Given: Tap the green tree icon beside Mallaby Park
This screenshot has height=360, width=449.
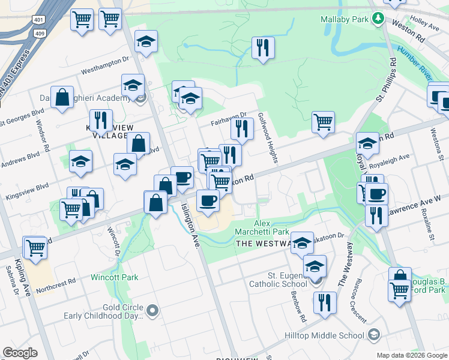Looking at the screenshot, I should tap(378, 19).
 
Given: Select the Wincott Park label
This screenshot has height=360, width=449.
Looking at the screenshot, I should tap(115, 277).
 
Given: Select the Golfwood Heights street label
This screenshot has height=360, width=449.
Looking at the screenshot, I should tap(268, 137).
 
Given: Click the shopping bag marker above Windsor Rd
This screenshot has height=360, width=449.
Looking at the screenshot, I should tap(62, 98).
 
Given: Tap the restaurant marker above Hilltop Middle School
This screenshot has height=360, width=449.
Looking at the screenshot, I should tap(324, 302).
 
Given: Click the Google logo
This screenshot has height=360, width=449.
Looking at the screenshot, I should tap(20, 353).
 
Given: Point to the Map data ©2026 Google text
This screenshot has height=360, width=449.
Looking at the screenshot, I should tap(411, 355).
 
